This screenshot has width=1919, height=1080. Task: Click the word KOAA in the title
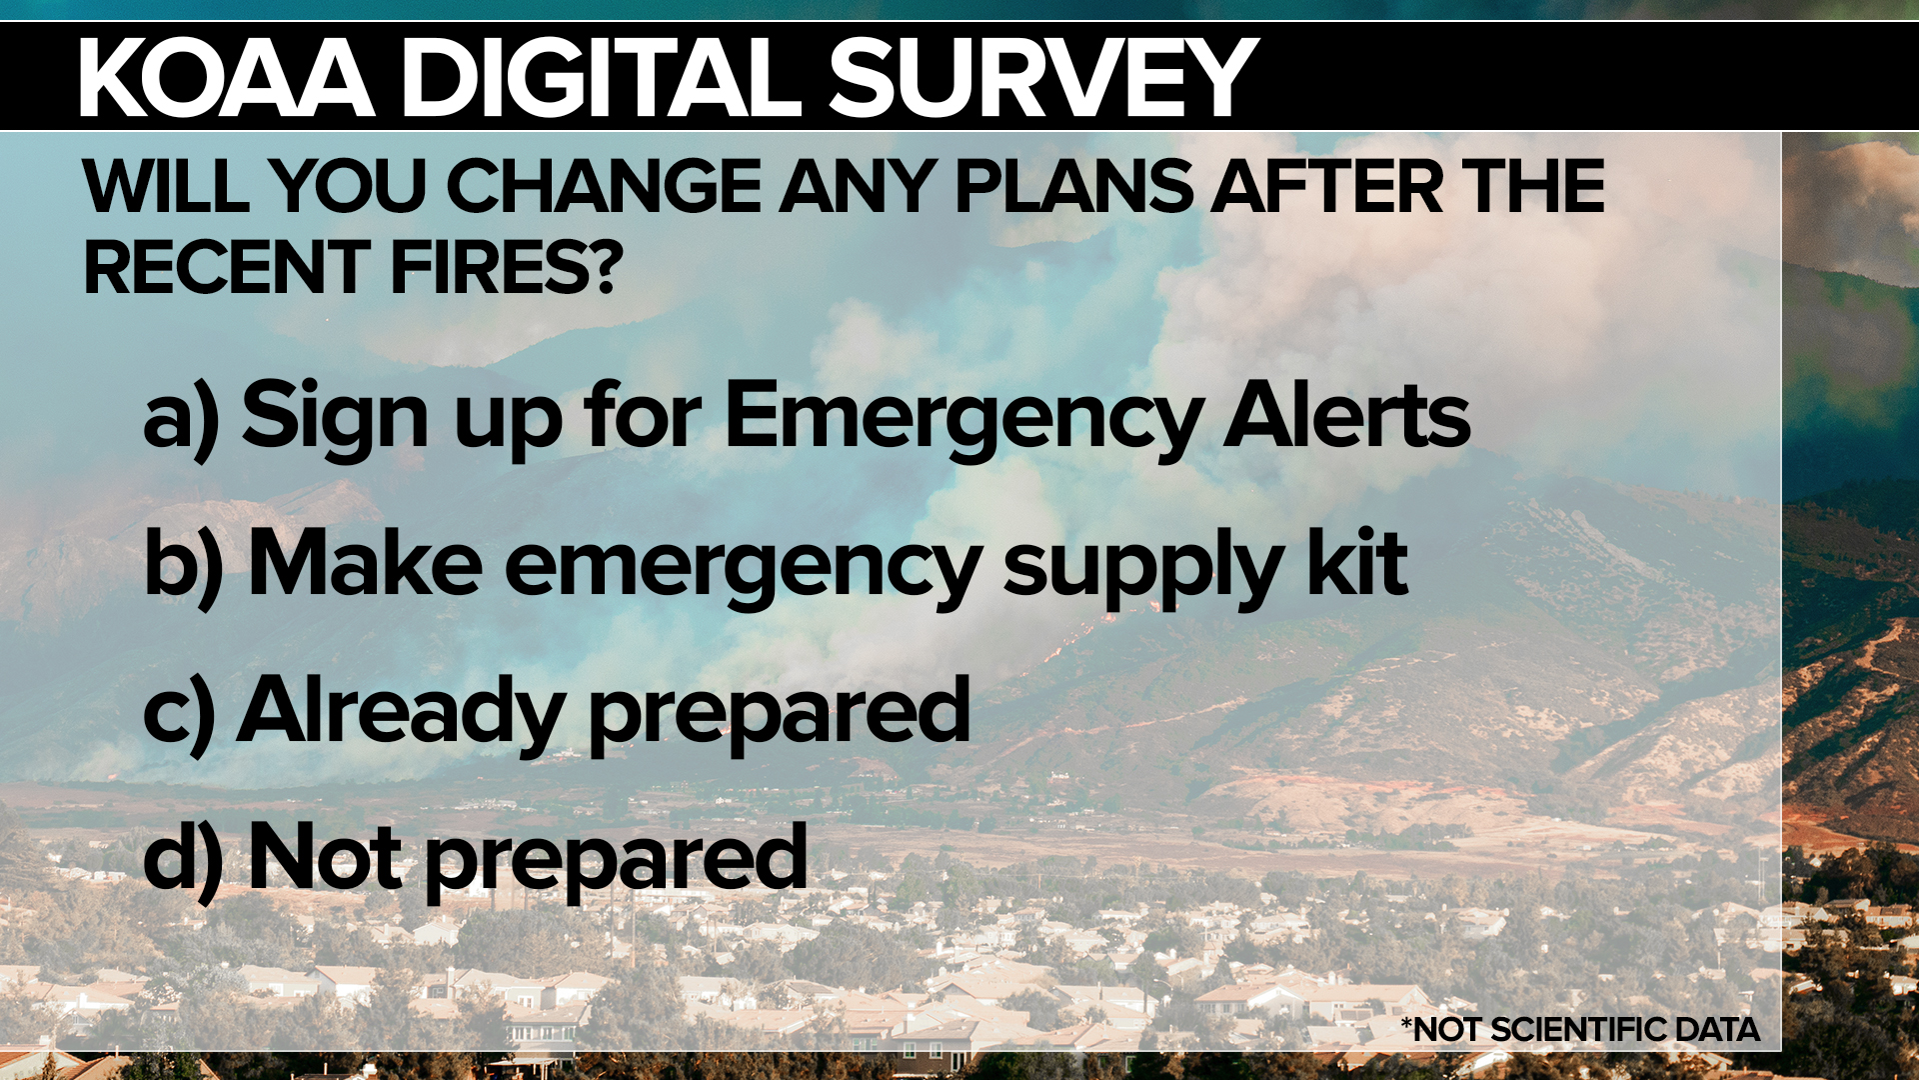coord(227,77)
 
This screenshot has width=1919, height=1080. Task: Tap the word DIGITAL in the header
coord(603,77)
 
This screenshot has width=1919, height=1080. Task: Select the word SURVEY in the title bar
coord(1043,77)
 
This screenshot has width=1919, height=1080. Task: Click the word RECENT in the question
coord(227,267)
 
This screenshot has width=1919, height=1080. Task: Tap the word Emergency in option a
coord(963,420)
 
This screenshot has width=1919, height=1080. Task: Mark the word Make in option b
coord(365,562)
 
